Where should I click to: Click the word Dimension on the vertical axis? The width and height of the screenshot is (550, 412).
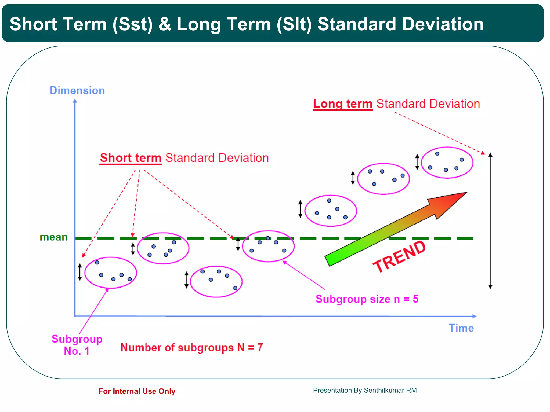coord(77,91)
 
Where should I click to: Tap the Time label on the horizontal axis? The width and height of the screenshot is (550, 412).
coord(461,328)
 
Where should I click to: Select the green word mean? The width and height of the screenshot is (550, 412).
coord(54,237)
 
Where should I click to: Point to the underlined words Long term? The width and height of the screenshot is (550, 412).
coord(343,104)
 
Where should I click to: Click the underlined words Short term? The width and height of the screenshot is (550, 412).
coord(131,158)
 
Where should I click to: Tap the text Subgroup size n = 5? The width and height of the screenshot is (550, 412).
coord(367,299)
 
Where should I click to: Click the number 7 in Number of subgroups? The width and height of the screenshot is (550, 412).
coord(260,348)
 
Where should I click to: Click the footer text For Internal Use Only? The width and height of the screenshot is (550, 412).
coord(137,391)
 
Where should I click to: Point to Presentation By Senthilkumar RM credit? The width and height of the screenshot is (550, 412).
coord(365,390)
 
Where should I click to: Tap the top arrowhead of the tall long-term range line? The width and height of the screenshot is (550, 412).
coord(490,155)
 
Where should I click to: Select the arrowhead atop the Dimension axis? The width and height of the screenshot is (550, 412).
coord(75,101)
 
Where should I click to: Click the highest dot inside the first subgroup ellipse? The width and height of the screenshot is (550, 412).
coord(97,263)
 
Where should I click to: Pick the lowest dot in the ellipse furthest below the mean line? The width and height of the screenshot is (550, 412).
coord(235,288)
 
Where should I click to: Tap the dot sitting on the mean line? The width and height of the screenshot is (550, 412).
coord(268,238)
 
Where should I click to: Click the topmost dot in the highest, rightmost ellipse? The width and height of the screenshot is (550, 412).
coord(437,154)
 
